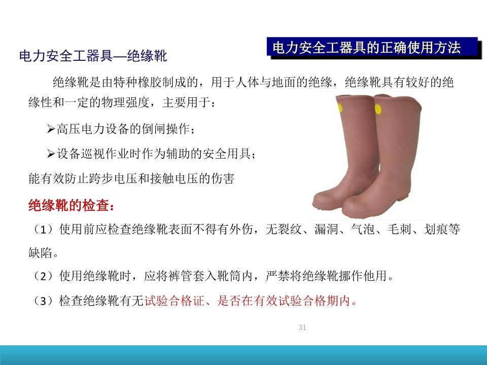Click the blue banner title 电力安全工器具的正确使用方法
[366, 48]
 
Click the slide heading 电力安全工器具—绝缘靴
[93, 56]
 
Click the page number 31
[302, 327]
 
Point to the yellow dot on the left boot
[340, 108]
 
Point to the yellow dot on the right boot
[378, 109]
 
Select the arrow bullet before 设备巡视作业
[51, 154]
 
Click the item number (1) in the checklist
[44, 229]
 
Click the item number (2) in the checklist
[44, 276]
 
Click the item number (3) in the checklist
[44, 301]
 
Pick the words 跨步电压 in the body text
[113, 178]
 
